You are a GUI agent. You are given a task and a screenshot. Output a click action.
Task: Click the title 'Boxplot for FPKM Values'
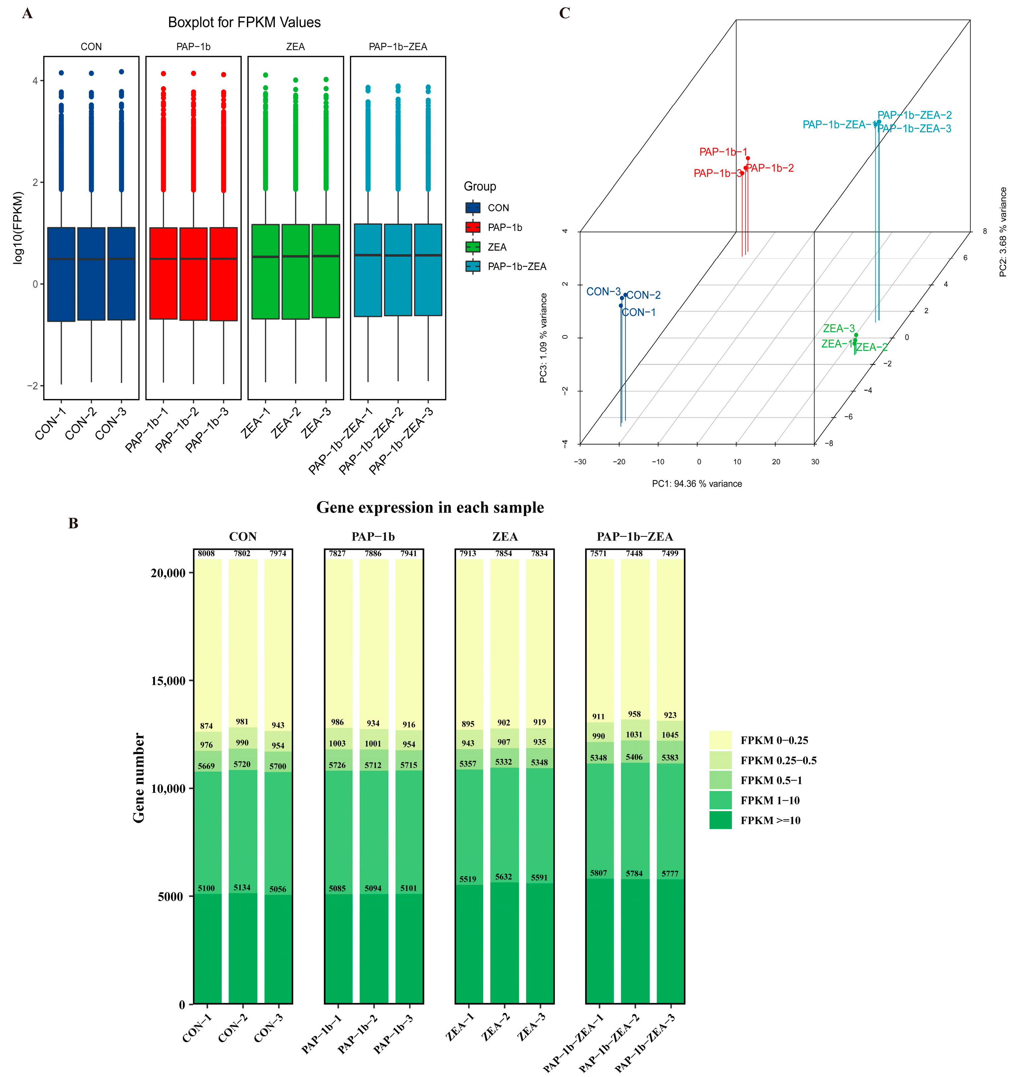click(244, 23)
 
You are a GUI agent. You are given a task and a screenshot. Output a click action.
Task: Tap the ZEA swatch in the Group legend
click(473, 247)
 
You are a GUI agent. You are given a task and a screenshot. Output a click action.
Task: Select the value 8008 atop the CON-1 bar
click(206, 553)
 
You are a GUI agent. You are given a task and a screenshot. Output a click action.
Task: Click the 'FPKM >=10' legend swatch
click(720, 820)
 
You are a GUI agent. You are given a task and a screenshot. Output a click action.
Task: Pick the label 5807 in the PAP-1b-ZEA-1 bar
click(598, 873)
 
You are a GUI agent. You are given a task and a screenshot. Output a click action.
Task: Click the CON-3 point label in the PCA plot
click(603, 292)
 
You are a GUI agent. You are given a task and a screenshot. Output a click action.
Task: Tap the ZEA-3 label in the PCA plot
click(838, 328)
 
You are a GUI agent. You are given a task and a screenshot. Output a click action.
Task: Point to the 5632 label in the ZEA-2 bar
click(504, 876)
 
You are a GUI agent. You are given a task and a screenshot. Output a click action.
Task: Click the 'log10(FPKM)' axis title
click(18, 227)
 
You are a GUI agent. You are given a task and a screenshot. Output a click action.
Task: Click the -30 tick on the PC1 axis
click(580, 462)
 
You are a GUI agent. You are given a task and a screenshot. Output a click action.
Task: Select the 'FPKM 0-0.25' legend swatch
click(720, 740)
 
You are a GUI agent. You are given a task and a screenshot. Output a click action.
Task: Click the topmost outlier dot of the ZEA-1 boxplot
click(265, 75)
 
